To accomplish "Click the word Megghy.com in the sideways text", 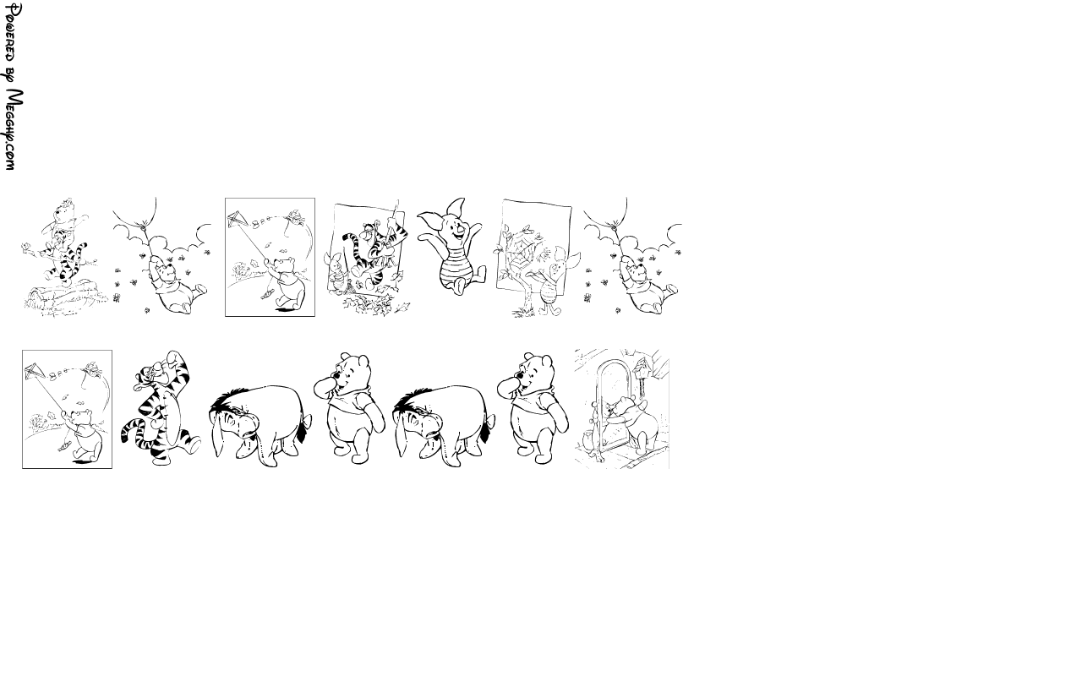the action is [x=14, y=129].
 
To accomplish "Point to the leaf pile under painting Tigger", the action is [x=374, y=305].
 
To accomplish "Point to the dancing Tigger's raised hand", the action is [x=172, y=358].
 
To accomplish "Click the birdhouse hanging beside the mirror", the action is [x=642, y=371].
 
